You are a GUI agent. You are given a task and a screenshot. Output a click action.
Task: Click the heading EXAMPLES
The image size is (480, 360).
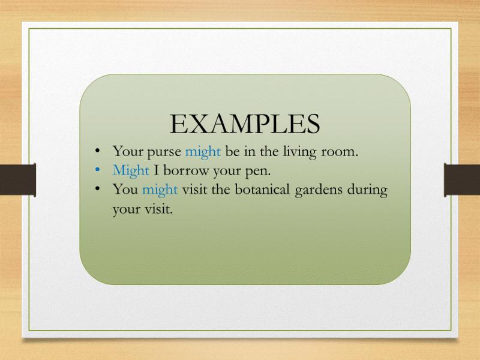[x=245, y=124]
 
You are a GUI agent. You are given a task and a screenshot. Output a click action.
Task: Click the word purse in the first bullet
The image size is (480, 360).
[x=164, y=152]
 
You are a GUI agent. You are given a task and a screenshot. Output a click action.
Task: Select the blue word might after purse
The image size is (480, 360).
[x=203, y=152]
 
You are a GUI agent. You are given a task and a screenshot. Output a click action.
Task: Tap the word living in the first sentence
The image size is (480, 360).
[x=299, y=152]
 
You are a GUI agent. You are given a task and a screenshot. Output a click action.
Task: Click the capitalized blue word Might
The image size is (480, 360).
[x=131, y=170]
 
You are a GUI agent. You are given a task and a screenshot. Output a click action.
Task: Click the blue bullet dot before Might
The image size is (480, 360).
[x=97, y=169]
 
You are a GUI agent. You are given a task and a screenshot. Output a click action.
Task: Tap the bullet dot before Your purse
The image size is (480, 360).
[x=97, y=151]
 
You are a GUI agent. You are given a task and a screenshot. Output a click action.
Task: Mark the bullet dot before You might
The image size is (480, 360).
[x=97, y=188]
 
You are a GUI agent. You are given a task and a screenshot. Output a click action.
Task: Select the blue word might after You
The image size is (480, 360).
[x=160, y=190]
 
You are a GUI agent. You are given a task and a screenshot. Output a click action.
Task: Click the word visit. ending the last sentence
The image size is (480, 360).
[x=158, y=209]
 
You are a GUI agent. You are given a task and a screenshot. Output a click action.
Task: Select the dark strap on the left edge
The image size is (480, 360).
[x=18, y=179]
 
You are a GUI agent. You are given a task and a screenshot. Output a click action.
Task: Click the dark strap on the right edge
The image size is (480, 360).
[x=462, y=179]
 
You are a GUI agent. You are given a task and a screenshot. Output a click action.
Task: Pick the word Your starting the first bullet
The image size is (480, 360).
[x=127, y=151]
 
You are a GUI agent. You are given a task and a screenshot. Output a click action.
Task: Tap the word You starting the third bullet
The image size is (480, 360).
[x=125, y=189]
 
